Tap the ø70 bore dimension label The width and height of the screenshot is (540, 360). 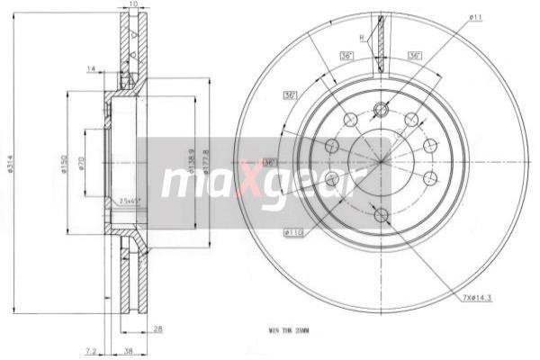(x=82, y=163)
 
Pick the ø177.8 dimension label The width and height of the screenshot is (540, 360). (x=207, y=160)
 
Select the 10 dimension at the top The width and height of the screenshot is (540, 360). (x=133, y=5)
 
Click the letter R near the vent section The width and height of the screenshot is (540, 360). (x=362, y=38)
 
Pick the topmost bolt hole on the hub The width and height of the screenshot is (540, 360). (x=381, y=110)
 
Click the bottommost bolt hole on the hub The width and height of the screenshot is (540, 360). (x=381, y=214)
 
